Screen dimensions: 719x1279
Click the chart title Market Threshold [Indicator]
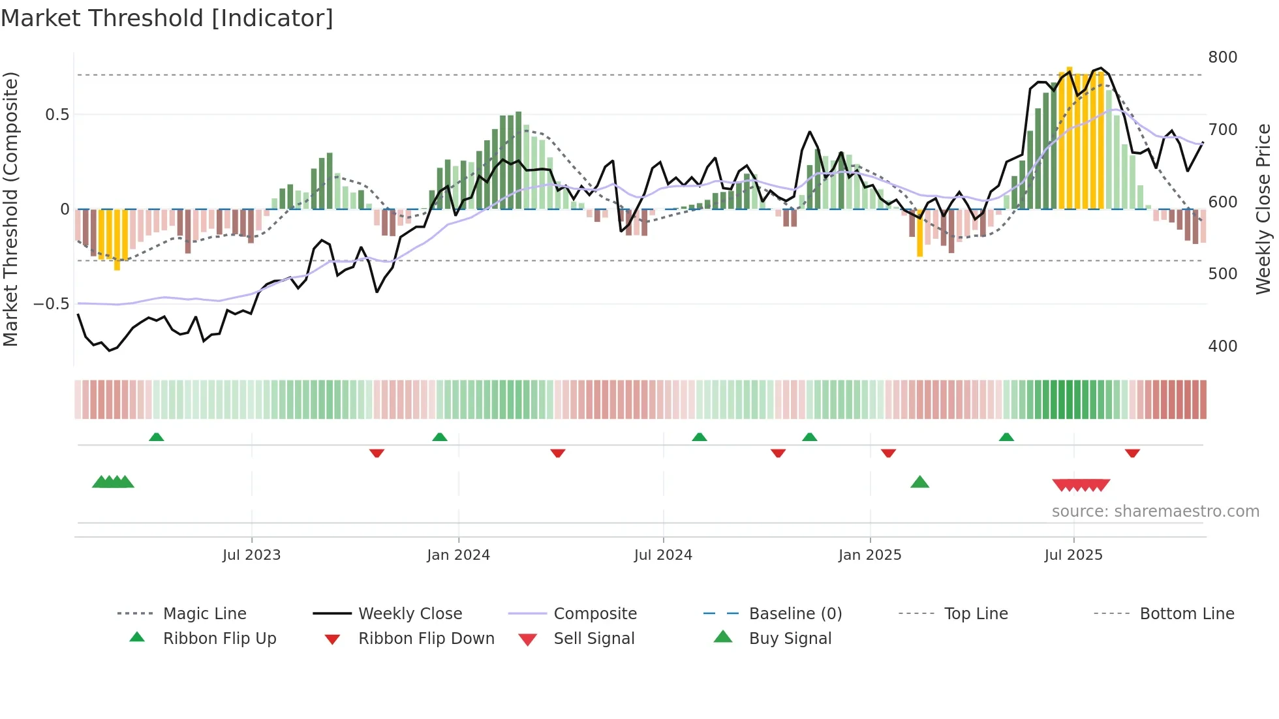167,18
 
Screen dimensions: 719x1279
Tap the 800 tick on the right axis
1222,57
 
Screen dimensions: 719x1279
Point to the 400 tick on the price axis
1222,346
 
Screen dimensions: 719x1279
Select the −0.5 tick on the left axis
52,304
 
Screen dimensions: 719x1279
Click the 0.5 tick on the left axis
57,115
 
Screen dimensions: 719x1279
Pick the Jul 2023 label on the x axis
251,555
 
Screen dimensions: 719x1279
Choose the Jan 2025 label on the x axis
869,555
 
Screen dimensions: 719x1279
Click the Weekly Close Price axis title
1263,209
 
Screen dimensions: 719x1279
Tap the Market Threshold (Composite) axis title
10,209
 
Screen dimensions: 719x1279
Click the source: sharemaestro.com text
1155,512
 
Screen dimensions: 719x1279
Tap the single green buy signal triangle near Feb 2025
919,482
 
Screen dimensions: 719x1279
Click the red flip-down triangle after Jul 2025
1132,453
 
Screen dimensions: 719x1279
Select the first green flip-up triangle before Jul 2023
156,437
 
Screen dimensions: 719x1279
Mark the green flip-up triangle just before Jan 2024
440,437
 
